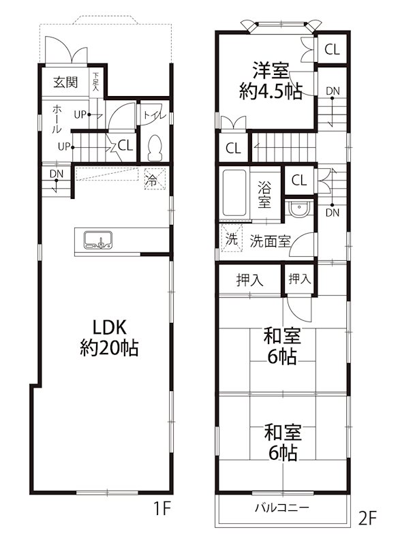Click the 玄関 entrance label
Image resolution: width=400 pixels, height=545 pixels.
(66, 83)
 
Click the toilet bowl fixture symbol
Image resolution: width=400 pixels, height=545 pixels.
(155, 146)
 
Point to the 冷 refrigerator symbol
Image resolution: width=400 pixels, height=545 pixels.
(151, 181)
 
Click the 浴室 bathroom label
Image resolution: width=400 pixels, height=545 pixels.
(265, 193)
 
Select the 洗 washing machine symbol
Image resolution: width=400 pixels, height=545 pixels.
(232, 240)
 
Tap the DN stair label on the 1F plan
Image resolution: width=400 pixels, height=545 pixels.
(55, 174)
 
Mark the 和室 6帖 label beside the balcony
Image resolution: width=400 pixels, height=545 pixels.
(282, 442)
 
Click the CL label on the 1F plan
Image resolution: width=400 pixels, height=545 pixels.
(125, 144)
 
